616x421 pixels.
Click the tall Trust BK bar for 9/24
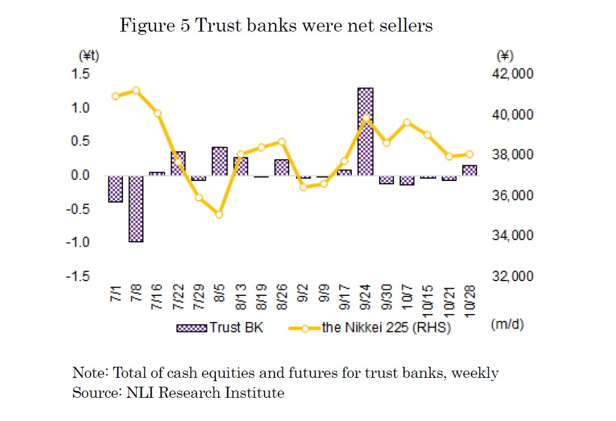[365, 132]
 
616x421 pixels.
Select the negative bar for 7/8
[136, 209]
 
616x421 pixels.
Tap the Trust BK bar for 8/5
[220, 161]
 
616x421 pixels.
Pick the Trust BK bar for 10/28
[469, 170]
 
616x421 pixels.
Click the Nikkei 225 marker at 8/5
[219, 214]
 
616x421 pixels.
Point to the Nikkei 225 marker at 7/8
[136, 91]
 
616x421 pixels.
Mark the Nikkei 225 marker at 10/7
[407, 122]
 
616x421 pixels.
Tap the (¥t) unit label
[89, 56]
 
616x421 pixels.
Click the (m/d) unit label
[506, 325]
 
